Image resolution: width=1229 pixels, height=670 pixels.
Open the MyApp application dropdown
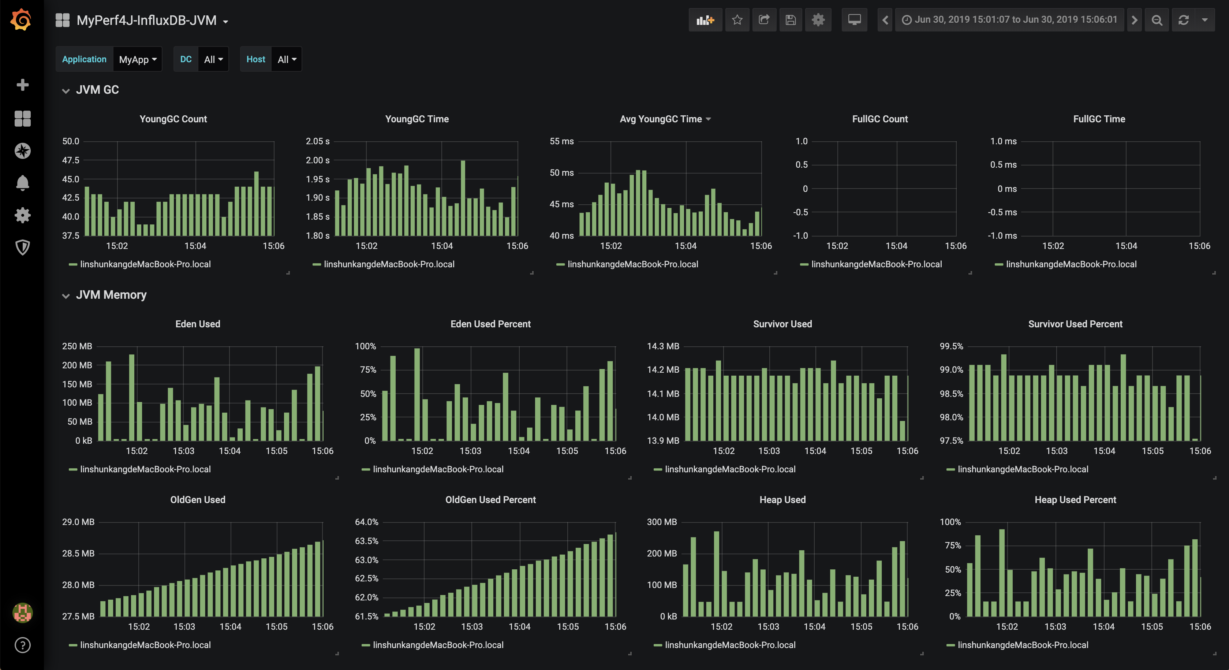137,59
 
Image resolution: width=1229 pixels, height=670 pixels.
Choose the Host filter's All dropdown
287,59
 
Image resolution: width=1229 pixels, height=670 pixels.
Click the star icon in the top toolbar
737,19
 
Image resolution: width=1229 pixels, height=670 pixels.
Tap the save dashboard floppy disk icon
791,19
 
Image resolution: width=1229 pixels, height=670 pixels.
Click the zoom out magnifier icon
1157,19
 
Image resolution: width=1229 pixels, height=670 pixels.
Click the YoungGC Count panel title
173,119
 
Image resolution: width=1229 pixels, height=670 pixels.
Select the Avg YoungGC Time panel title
661,119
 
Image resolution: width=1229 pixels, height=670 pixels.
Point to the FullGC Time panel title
1099,119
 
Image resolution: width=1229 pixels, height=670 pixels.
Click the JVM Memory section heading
111,295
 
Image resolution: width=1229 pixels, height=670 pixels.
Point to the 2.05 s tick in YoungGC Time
318,141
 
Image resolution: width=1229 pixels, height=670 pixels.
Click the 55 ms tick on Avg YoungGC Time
561,141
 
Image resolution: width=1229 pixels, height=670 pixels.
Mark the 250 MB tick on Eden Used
77,346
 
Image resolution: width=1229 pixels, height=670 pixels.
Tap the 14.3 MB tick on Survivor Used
663,346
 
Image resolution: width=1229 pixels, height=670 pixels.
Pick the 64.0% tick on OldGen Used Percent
366,522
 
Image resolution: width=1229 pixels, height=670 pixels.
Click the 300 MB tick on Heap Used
662,522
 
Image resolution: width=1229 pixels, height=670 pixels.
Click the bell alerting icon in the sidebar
22,183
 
